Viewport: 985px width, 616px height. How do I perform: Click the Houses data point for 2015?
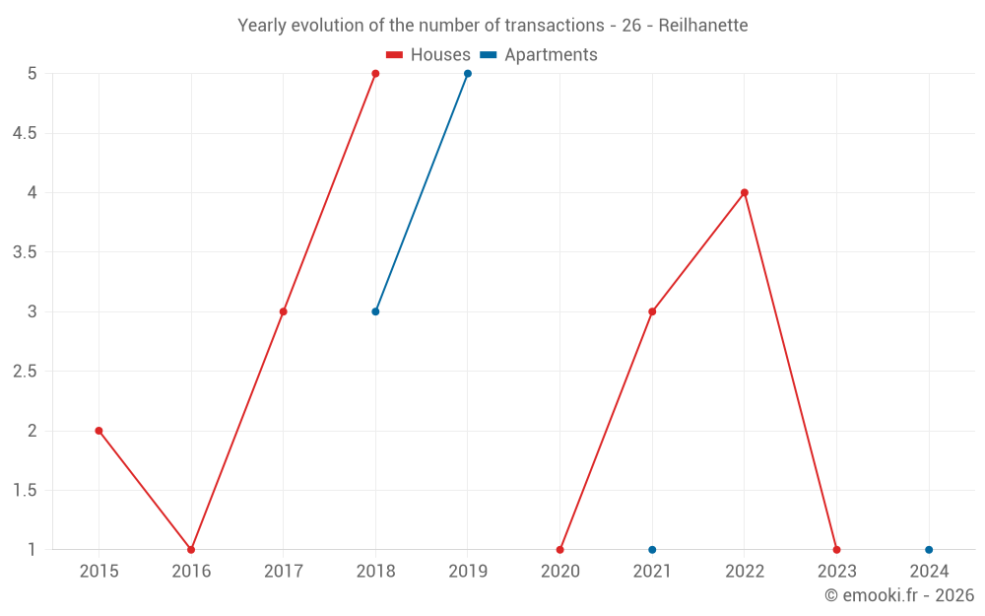98,431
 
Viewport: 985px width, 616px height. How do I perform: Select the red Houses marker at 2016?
191,549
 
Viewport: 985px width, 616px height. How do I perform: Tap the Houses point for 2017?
283,311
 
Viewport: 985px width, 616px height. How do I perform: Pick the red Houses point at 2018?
375,74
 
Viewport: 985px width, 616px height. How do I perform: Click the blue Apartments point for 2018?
375,311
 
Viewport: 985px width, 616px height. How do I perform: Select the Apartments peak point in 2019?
468,74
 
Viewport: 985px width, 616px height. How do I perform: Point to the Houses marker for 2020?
559,549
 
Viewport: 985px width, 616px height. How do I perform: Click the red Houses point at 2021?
652,311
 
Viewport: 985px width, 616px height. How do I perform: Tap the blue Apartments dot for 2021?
652,549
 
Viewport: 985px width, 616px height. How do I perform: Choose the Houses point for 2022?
745,192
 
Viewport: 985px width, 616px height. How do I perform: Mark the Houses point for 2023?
836,549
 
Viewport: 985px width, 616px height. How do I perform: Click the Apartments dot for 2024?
929,549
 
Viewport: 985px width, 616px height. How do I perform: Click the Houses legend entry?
428,55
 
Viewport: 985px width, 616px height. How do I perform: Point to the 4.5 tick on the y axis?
25,133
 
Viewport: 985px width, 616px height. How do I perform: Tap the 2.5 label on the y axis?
25,371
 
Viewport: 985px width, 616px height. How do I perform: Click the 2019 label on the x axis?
468,571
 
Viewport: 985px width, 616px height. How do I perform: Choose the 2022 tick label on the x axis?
745,571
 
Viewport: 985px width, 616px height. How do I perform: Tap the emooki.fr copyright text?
898,595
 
